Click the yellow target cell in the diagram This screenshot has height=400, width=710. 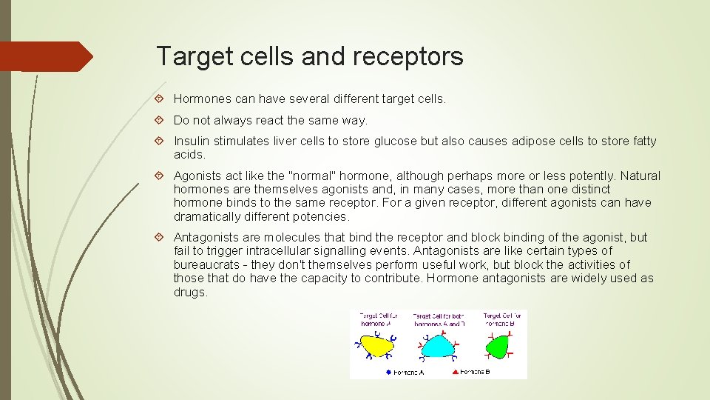point(376,346)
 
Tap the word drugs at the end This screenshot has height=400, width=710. point(189,292)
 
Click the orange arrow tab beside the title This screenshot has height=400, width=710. point(46,56)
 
